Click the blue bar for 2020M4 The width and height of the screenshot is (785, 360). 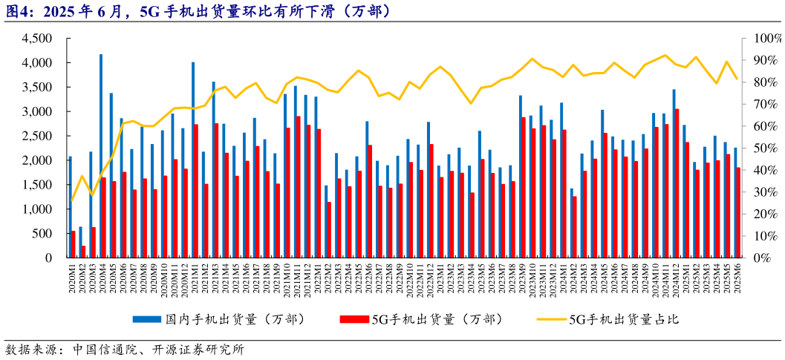point(101,156)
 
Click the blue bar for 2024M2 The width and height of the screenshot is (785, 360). point(572,223)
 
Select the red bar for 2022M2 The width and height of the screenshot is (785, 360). point(329,230)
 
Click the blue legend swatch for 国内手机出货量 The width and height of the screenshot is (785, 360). point(149,320)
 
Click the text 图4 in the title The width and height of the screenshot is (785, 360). point(16,11)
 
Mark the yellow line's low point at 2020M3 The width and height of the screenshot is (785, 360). point(93,195)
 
